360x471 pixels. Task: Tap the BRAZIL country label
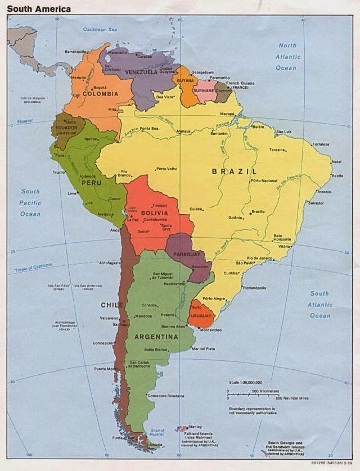point(234,171)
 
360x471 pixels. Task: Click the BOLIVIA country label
point(154,214)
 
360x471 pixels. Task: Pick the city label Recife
point(337,176)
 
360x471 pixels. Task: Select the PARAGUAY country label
point(187,255)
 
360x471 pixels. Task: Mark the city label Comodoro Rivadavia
point(165,396)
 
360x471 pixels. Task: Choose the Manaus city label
point(184,132)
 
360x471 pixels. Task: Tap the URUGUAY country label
point(201,316)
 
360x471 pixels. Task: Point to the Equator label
point(25,121)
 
